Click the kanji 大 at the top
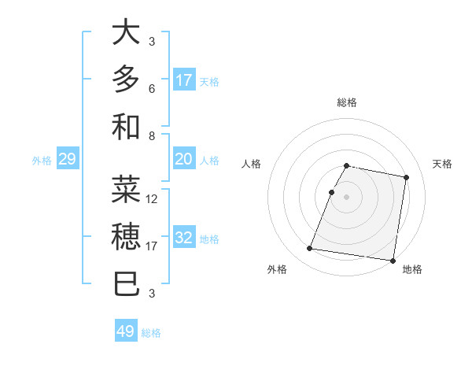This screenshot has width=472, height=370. click(126, 33)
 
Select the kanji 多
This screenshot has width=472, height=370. click(126, 79)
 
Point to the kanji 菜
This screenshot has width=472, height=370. click(126, 189)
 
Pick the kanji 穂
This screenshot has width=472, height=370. click(126, 235)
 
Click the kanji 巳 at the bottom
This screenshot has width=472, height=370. click(126, 282)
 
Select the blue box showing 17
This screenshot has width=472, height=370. click(184, 80)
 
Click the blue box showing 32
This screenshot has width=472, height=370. click(184, 239)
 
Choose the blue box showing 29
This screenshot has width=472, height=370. click(67, 160)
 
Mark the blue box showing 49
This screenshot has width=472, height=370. click(126, 331)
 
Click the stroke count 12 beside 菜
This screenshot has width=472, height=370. click(153, 199)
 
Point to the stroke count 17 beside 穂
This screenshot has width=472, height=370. click(153, 246)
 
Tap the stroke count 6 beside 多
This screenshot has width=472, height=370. click(153, 89)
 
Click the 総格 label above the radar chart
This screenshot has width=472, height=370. click(347, 102)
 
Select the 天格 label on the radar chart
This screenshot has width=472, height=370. click(443, 164)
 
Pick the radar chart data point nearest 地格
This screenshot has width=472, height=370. click(392, 261)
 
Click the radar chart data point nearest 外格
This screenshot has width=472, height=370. click(310, 249)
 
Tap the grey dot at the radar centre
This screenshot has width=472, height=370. click(347, 197)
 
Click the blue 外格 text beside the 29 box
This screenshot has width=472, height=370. click(42, 161)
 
